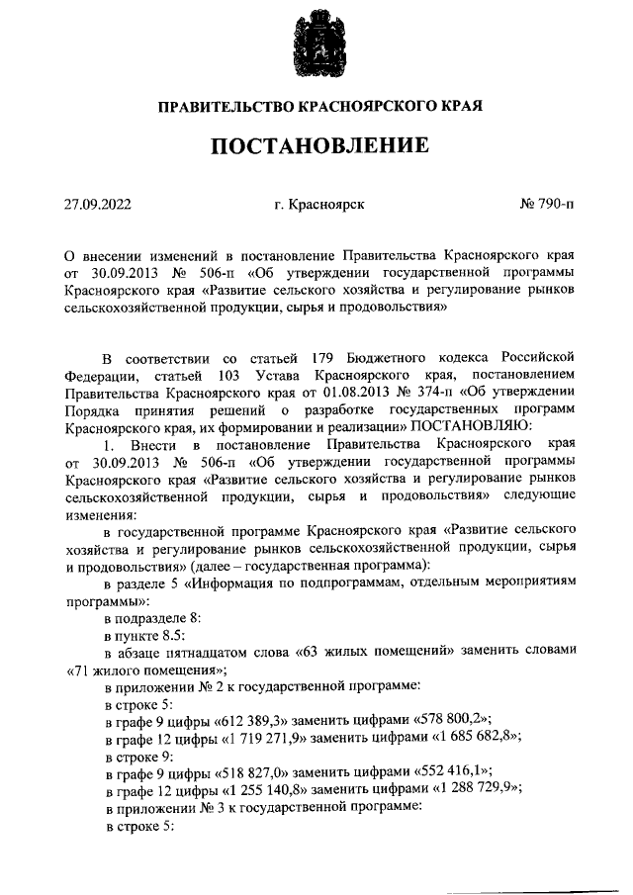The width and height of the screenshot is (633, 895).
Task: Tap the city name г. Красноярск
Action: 319,206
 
